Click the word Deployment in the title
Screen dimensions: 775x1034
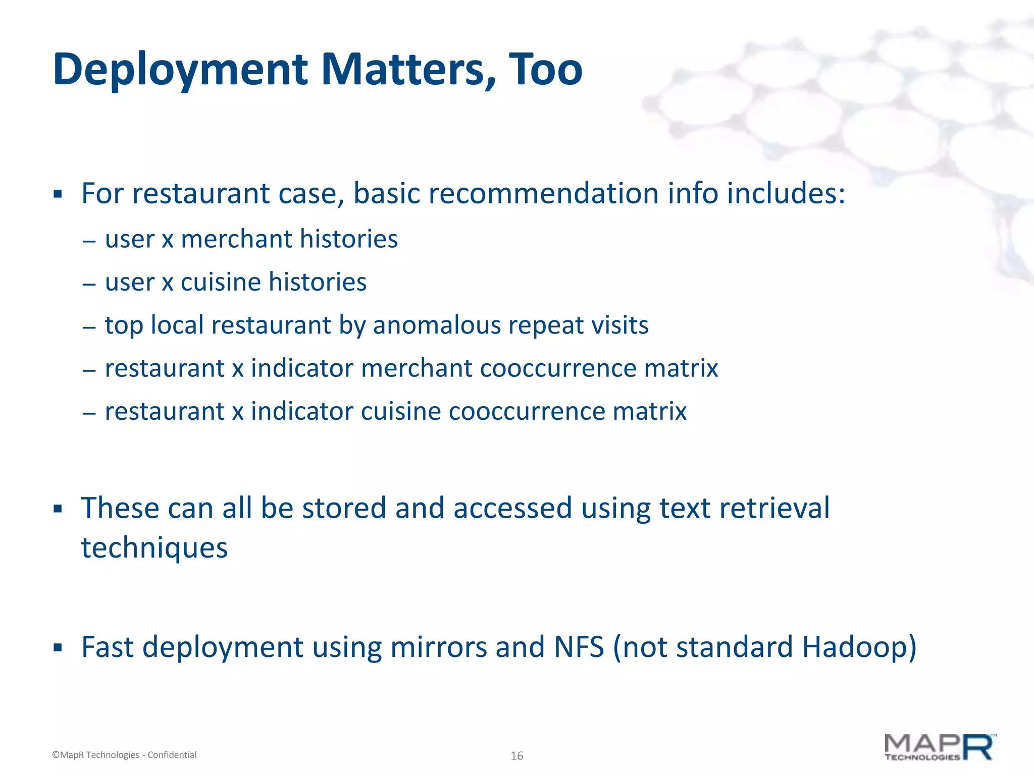pos(180,70)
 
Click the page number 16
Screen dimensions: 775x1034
pos(516,755)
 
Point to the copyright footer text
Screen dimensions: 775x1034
pos(124,755)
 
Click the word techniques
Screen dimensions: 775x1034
pos(154,548)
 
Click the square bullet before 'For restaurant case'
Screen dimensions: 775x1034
pos(58,194)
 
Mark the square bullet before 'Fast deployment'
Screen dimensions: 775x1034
pos(58,647)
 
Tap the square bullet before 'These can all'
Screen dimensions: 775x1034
pos(58,509)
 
